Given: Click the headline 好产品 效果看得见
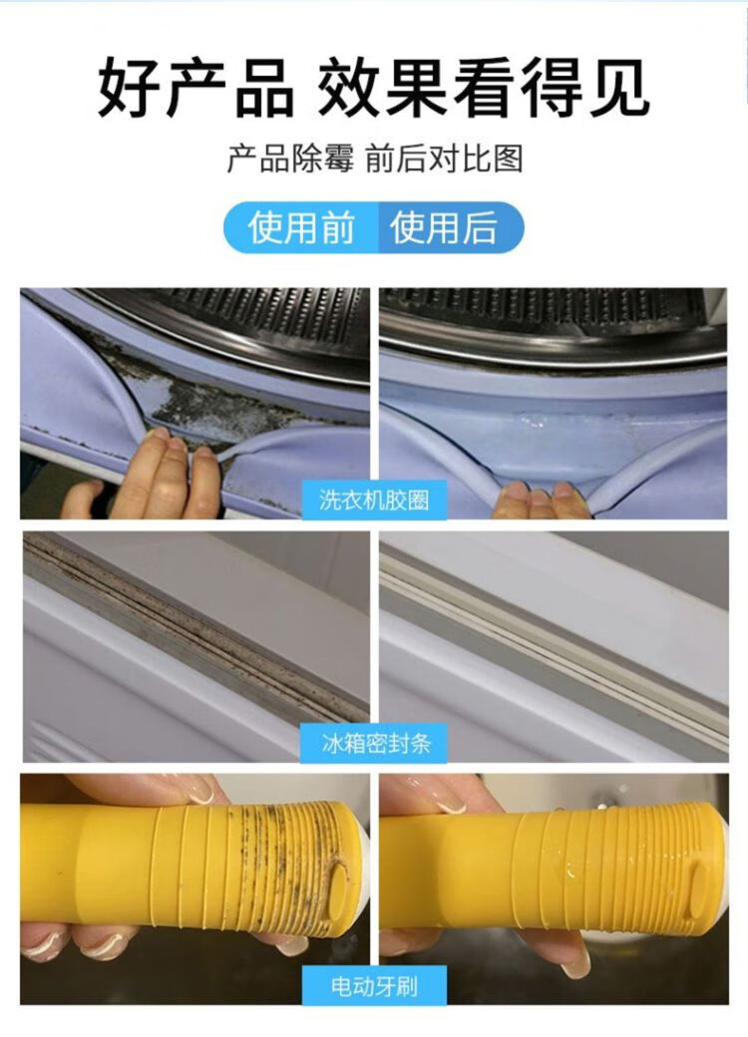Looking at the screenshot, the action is pos(374,88).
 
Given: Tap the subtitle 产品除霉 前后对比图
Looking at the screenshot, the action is pos(374,159).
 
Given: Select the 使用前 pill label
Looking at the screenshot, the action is pos(301,228).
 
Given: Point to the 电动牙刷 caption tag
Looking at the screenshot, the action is pos(374,985).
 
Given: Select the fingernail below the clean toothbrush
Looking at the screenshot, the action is pos(576,965).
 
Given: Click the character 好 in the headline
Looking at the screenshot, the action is pos(129,88).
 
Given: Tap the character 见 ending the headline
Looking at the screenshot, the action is pos(618,88).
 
